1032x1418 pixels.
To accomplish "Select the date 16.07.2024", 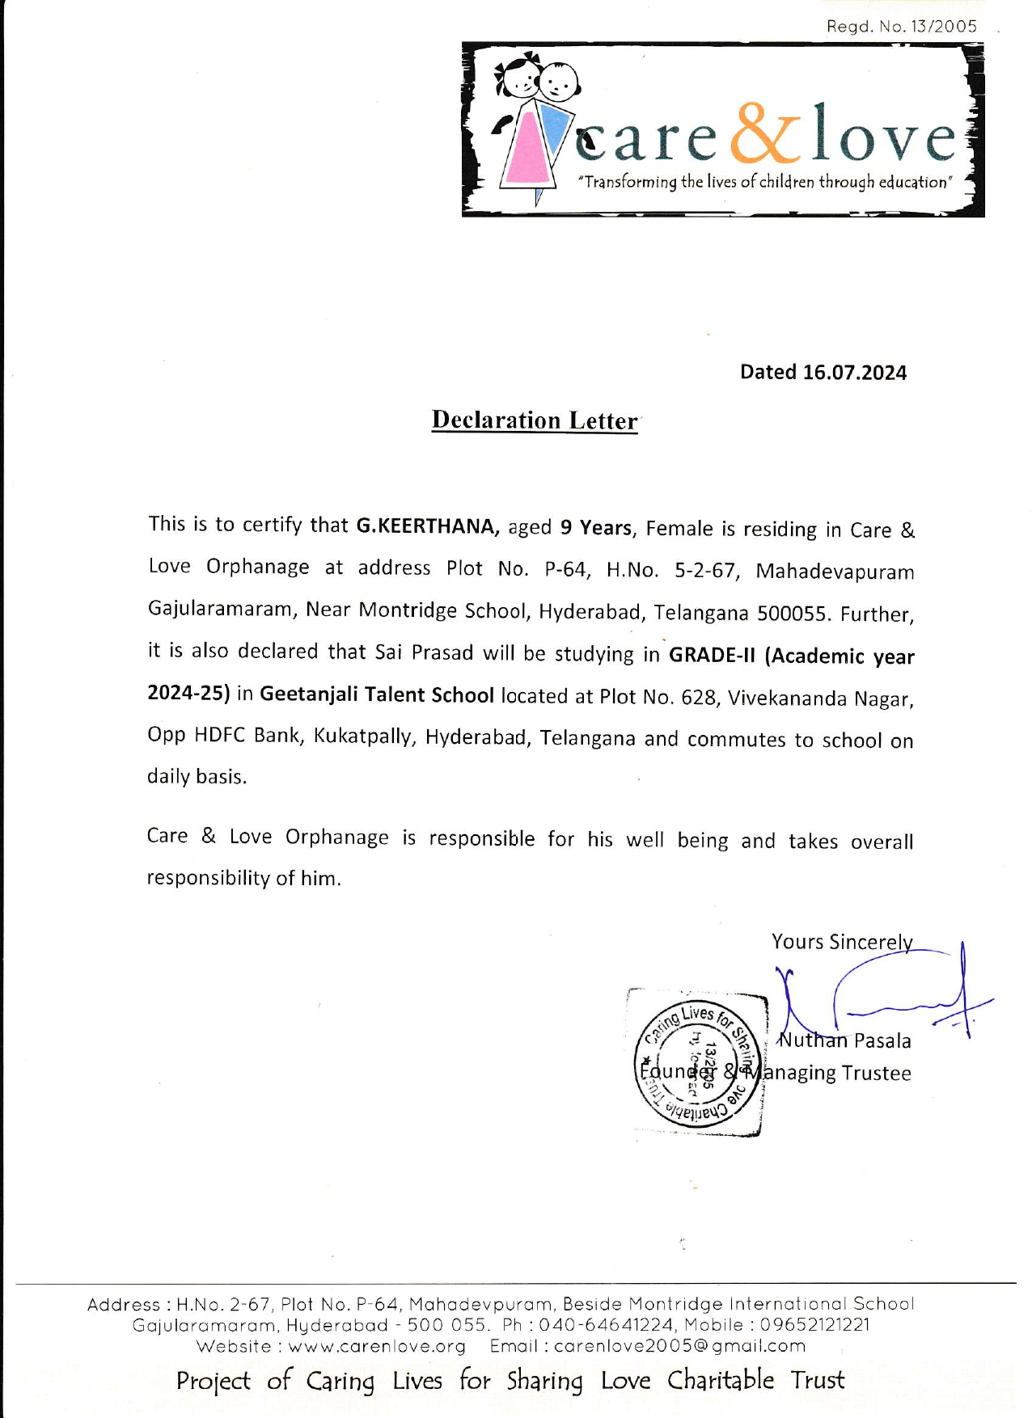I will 854,373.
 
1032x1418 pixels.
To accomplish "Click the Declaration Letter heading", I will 535,420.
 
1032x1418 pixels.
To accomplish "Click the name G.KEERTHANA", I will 425,526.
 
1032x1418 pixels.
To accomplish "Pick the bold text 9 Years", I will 595,528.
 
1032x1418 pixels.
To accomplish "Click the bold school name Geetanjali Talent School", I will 376,695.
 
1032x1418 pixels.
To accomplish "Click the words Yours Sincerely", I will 841,942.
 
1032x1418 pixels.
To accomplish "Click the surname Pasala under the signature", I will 882,1041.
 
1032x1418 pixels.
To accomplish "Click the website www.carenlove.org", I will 377,1347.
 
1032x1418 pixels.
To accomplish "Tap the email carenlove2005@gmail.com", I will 679,1347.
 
